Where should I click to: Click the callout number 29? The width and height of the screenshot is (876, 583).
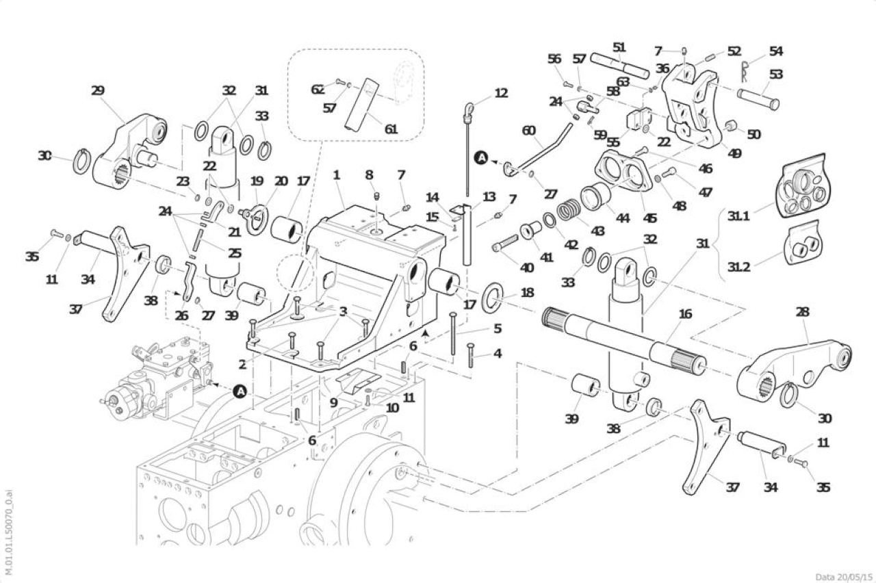[98, 91]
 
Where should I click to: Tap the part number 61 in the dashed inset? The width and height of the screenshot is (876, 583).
[391, 129]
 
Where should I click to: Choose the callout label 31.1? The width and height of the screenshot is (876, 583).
[738, 216]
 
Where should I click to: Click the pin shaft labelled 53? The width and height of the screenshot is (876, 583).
[758, 99]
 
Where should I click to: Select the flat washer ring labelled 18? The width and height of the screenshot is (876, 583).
[492, 297]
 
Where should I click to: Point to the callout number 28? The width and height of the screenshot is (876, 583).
[803, 312]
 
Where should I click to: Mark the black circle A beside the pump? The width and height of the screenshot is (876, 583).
[240, 391]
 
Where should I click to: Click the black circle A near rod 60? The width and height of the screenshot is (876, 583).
[481, 157]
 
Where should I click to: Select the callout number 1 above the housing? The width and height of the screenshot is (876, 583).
[336, 175]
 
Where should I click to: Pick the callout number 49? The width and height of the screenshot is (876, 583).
[734, 154]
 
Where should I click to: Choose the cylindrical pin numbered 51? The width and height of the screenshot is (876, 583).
[620, 66]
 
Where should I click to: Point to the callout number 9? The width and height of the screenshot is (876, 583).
[333, 402]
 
